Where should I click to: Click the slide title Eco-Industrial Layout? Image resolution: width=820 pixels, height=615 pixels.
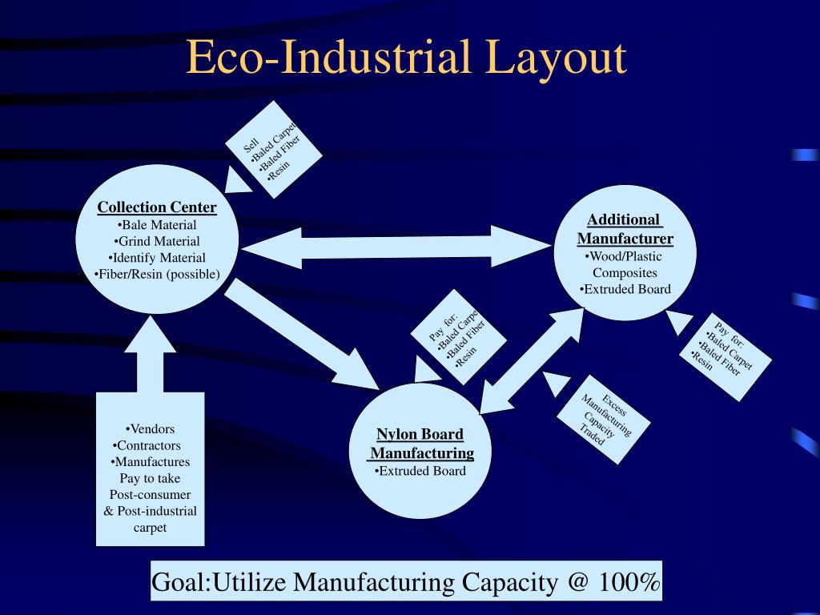(x=406, y=58)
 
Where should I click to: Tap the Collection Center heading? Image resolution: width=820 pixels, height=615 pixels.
(x=157, y=207)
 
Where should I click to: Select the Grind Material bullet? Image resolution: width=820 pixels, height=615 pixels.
(x=157, y=241)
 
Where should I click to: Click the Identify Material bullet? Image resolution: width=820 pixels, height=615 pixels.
(x=157, y=258)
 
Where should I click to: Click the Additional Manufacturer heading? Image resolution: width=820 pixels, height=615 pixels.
(x=625, y=229)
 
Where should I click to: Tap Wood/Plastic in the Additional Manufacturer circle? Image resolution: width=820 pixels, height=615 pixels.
(x=625, y=256)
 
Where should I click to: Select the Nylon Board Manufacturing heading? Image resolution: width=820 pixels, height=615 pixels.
(x=421, y=444)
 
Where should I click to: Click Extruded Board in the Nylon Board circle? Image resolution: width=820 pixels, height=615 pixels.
(x=420, y=471)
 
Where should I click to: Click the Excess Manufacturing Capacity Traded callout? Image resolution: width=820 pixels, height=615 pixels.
(x=604, y=417)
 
